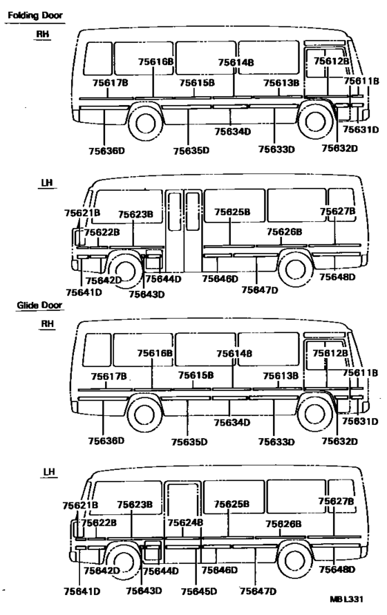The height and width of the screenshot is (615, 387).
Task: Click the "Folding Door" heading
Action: coord(35,15)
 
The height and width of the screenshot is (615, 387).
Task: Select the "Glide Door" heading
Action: coord(39,305)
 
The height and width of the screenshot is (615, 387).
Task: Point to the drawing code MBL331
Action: coord(346,599)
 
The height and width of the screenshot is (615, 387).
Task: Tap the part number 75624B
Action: coord(185,523)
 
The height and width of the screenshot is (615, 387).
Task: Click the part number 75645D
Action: coord(199,592)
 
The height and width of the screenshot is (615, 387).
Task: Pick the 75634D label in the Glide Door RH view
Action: coord(232,422)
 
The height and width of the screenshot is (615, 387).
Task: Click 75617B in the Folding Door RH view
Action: coord(110,83)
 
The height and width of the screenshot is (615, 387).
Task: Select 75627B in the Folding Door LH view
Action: coord(338,211)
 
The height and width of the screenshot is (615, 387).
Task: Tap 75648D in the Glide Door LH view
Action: coord(337,569)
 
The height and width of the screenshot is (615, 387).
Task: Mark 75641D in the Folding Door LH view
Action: coord(84,292)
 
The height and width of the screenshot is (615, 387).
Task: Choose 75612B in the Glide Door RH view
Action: coord(330,353)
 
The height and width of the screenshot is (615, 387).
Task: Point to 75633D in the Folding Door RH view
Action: coord(276,149)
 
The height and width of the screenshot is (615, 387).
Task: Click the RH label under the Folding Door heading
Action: coord(42,34)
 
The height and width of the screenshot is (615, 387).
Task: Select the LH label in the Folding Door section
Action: coord(47,183)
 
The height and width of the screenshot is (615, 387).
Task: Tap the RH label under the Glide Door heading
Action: coord(47,324)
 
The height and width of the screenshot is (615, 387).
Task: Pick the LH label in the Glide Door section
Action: coord(49,472)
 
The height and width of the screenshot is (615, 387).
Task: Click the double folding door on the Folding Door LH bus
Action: coord(184,231)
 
